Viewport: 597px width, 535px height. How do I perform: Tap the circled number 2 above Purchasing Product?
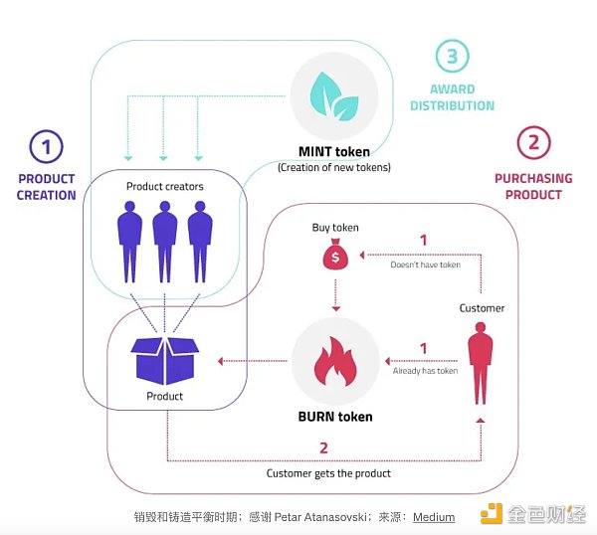tap(533, 143)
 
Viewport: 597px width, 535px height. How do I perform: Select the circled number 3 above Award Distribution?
tap(451, 56)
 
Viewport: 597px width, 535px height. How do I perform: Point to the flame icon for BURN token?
tap(334, 360)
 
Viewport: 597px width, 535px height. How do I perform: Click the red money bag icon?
tap(334, 256)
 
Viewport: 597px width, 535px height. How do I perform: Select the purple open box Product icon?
tap(164, 358)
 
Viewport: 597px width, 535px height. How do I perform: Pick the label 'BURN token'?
tap(334, 417)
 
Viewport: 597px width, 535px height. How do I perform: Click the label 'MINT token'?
tap(334, 152)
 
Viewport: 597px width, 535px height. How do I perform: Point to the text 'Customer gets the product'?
tap(328, 473)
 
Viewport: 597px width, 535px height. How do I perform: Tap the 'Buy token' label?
tap(334, 228)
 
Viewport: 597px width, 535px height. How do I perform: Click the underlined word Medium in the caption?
tap(434, 517)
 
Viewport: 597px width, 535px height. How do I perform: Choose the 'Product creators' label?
tap(164, 186)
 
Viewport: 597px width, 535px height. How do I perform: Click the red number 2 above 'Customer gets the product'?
tap(323, 447)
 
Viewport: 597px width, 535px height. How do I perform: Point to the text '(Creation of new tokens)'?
tap(334, 167)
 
